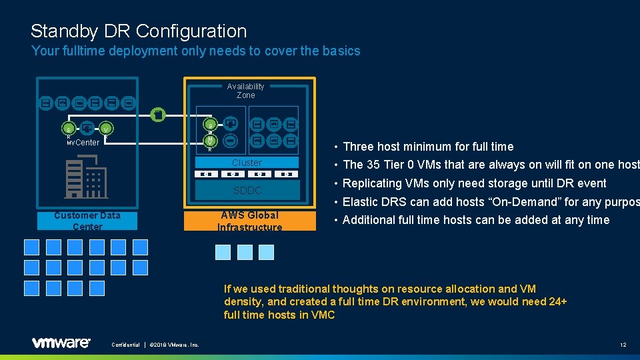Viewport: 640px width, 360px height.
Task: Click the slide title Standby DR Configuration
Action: point(139,31)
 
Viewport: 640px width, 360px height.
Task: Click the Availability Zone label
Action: point(245,91)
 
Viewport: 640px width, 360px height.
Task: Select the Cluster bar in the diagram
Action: point(247,163)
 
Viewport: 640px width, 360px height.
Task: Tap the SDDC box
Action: point(247,191)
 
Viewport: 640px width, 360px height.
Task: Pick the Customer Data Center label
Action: point(87,221)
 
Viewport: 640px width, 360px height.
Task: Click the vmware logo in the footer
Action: point(61,343)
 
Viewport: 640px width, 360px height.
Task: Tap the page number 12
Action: point(623,344)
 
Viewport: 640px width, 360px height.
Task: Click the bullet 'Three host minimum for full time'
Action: point(428,147)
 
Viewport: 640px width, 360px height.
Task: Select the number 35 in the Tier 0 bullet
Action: point(373,165)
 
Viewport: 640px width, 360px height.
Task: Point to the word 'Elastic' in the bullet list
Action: point(360,201)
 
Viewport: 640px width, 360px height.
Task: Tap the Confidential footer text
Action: point(125,345)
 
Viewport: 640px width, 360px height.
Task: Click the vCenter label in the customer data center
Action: point(84,142)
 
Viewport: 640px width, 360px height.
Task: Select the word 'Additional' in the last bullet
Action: point(369,220)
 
